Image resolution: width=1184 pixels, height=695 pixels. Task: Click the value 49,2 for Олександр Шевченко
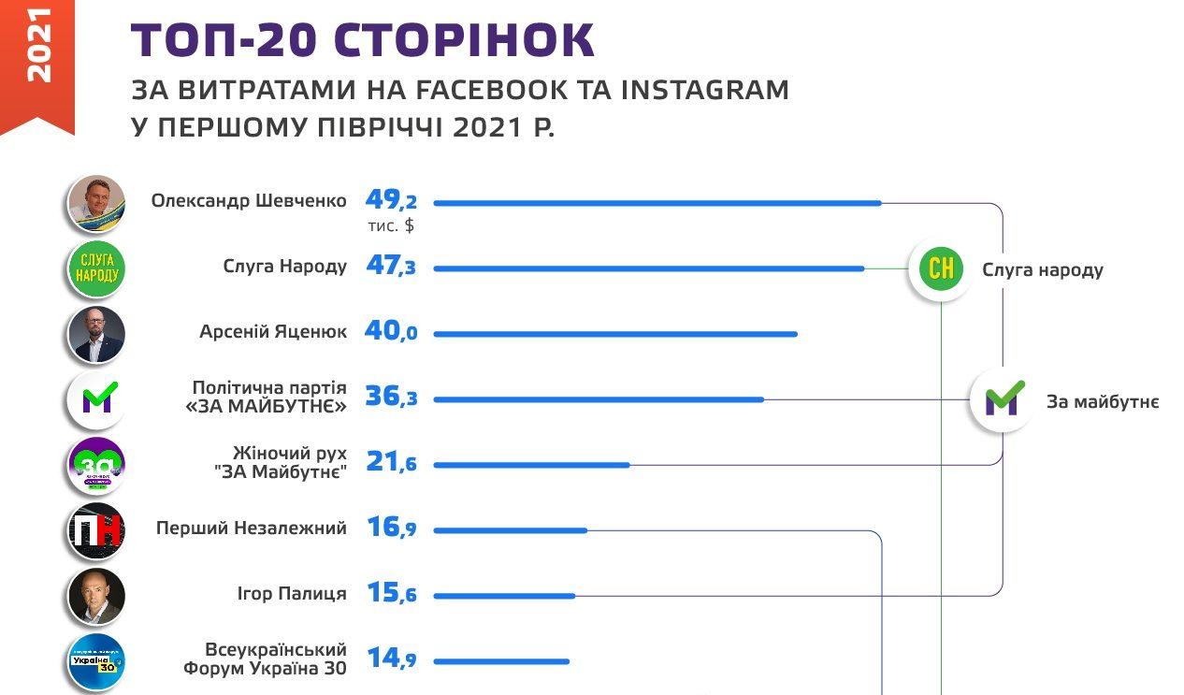coord(390,200)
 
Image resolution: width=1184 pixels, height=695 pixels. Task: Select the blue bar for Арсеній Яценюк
coord(615,334)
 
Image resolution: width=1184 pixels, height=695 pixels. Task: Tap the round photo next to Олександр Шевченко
coord(96,201)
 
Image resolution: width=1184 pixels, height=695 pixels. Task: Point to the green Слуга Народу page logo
coord(96,268)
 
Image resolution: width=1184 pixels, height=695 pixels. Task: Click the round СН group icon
coord(940,269)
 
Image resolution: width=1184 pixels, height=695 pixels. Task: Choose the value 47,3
coord(390,267)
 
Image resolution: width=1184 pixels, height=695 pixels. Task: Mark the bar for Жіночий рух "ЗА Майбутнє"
coord(531,465)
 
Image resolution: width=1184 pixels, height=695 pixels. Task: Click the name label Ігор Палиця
coord(291,594)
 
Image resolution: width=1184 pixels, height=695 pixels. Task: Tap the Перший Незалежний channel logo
coord(96,530)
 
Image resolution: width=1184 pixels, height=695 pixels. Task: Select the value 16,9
coord(390,528)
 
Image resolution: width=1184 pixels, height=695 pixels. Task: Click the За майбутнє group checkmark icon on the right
coord(1002,400)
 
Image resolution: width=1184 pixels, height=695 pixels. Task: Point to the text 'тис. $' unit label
coord(391,226)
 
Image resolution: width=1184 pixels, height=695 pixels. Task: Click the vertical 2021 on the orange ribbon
coord(37,47)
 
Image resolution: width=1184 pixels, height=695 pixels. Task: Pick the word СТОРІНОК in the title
coord(464,41)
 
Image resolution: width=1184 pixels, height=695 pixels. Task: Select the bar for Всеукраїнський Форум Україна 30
coord(501,661)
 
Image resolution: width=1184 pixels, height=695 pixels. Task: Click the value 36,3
coord(390,398)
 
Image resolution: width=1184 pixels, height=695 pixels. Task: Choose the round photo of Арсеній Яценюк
coord(96,334)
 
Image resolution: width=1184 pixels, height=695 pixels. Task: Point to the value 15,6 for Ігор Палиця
coord(390,594)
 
